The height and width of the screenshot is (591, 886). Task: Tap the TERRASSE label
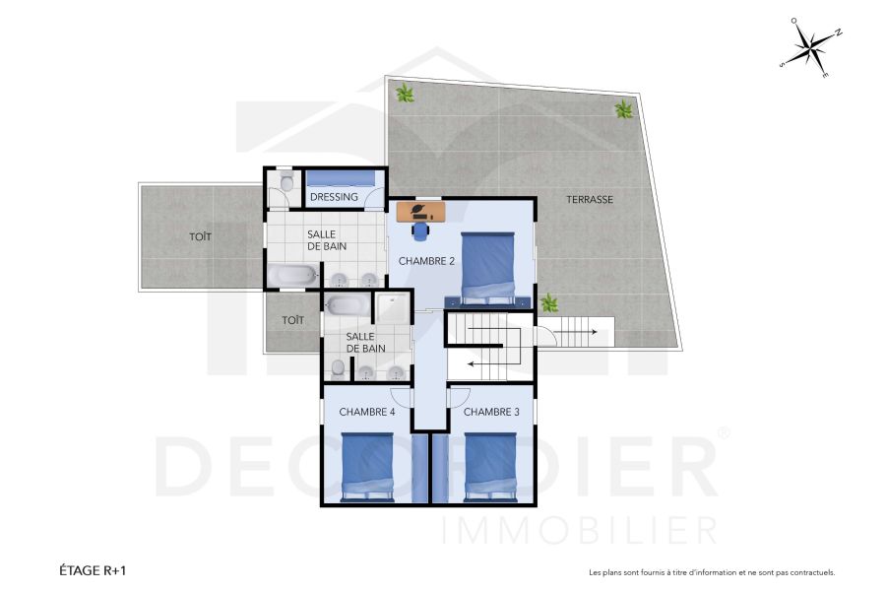[590, 200]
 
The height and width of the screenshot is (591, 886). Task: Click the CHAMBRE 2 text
[425, 261]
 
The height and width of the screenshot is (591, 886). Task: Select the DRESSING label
[334, 197]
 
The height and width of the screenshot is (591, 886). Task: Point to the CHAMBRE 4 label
[366, 412]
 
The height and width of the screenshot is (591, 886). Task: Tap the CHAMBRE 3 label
[491, 412]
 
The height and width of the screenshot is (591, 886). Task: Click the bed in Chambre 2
[488, 266]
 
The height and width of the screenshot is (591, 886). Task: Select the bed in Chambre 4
[367, 467]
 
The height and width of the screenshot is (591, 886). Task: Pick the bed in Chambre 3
[490, 467]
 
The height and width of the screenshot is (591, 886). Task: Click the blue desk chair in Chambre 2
[421, 230]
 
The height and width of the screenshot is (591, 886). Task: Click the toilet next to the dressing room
[286, 183]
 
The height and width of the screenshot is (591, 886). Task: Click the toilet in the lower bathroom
[338, 367]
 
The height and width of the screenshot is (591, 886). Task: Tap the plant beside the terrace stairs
[549, 303]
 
